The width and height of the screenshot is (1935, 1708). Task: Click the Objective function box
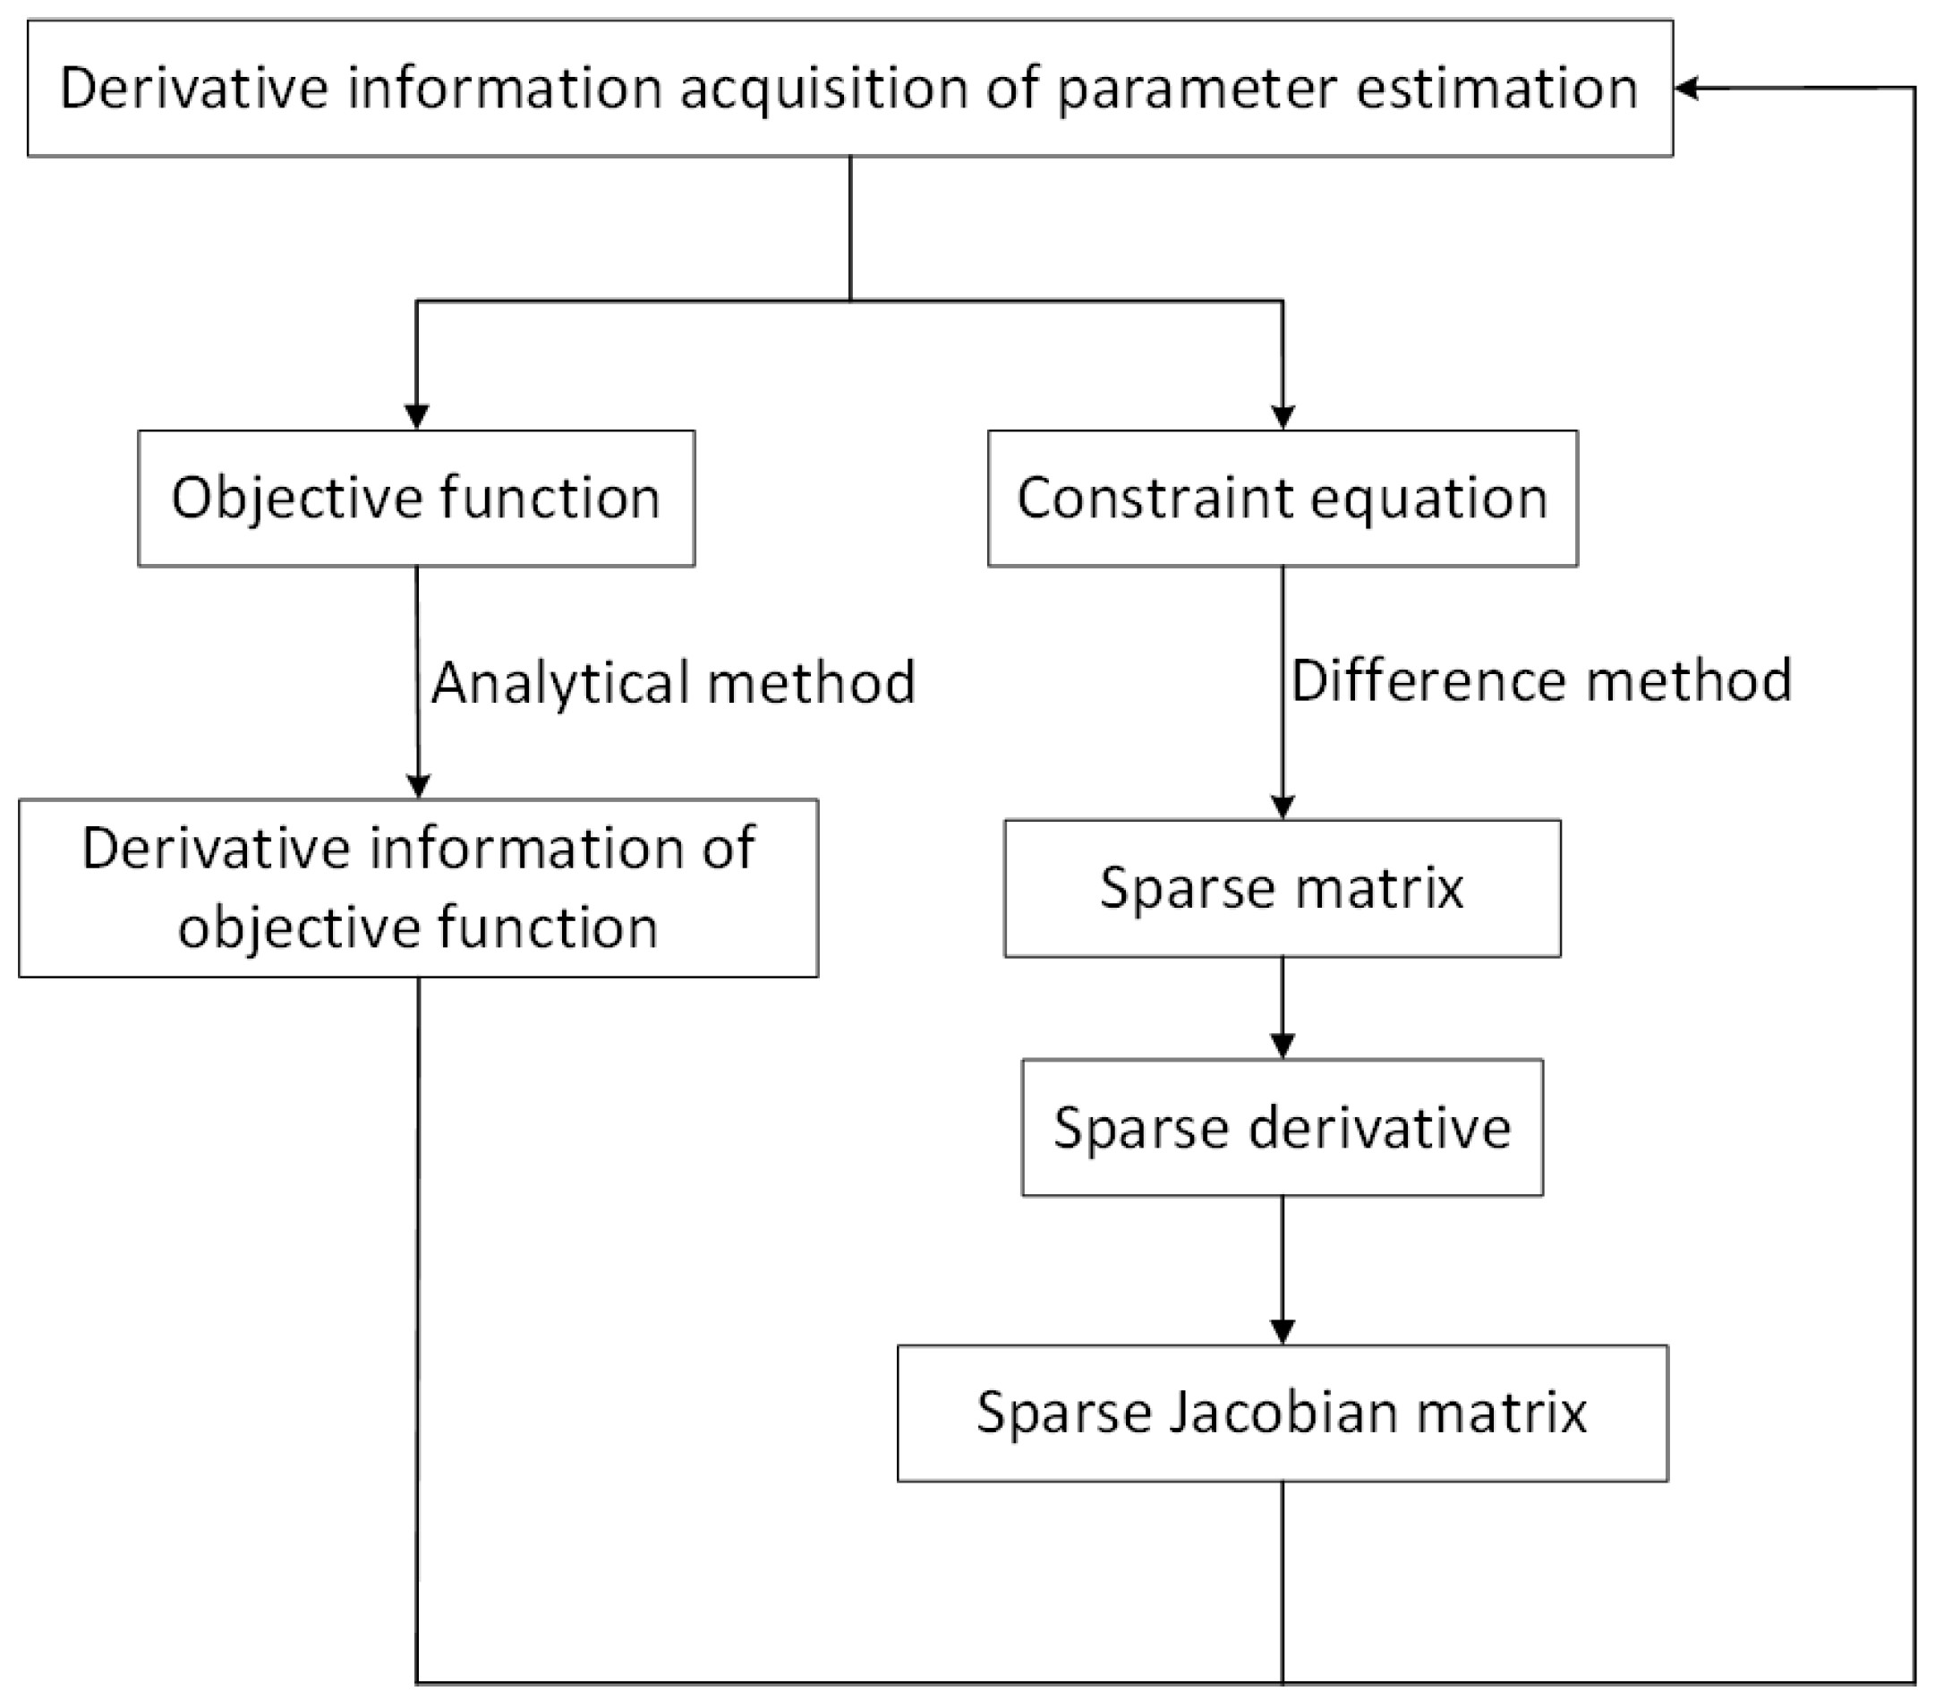tap(416, 498)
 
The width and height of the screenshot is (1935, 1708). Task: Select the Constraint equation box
tap(1282, 498)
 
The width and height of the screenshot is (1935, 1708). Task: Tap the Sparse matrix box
tap(1282, 888)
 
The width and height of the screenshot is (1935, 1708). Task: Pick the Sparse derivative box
tap(1282, 1127)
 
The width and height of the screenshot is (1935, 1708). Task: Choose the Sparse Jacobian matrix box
tap(1282, 1413)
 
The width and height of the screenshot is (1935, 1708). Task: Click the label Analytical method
tap(673, 683)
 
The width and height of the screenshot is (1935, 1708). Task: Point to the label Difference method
tap(1541, 680)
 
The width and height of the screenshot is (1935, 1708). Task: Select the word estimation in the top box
tap(1496, 89)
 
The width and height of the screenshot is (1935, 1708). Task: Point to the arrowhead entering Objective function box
tap(416, 416)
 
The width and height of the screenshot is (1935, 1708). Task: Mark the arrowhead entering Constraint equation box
tap(1282, 416)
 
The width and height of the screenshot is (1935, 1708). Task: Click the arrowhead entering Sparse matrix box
tap(1282, 807)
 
